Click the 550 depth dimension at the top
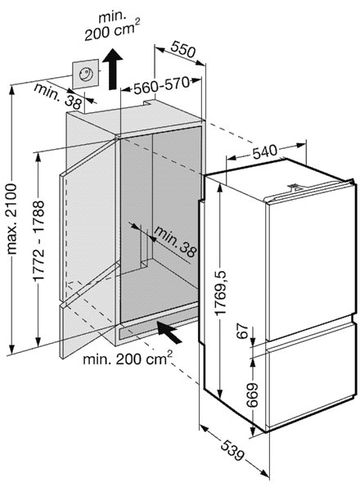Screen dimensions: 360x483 pos(183,49)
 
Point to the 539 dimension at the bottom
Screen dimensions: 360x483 pos(232,450)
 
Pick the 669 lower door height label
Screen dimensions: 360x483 pos(253,395)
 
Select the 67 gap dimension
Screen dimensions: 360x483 pos(243,331)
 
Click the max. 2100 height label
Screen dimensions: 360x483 pos(12,219)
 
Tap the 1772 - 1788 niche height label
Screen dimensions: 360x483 pos(39,241)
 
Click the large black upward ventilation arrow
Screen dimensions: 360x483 pos(112,70)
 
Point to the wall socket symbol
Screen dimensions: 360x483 pos(86,74)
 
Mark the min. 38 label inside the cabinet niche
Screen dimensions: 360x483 pos(175,241)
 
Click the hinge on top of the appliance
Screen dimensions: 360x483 pos(295,187)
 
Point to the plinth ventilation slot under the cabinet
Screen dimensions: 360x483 pos(158,328)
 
